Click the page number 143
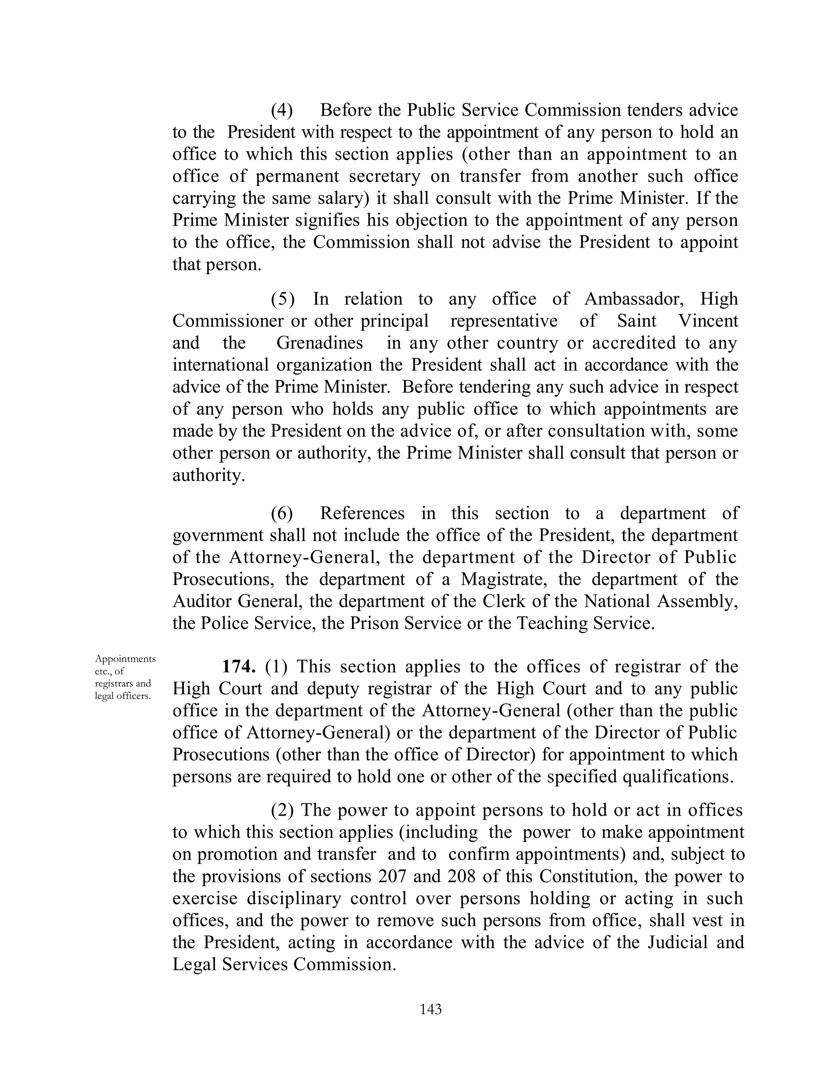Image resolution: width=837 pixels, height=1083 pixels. tap(430, 1009)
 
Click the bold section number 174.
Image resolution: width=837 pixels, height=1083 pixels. tap(239, 667)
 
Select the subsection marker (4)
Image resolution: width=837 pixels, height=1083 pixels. tap(282, 110)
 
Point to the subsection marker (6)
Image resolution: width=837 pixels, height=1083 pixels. tap(282, 513)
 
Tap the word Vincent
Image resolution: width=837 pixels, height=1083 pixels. tap(707, 321)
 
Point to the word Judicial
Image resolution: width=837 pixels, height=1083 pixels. tap(677, 942)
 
